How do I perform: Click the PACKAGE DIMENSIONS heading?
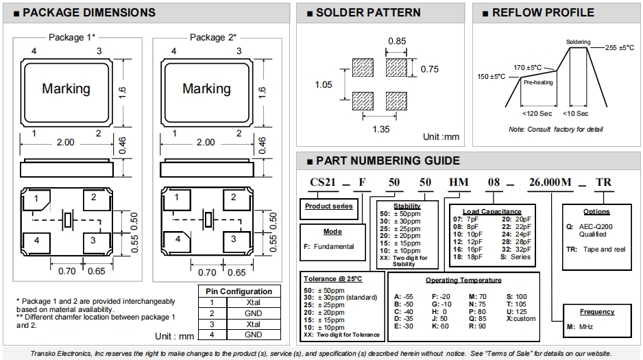tap(89, 13)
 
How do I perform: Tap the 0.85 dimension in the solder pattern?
tap(397, 41)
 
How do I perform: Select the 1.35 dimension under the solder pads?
tap(381, 129)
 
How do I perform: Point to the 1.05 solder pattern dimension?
tap(323, 85)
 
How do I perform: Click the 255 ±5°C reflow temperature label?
tap(620, 47)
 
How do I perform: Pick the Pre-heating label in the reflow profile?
tap(538, 82)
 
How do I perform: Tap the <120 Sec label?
tap(537, 114)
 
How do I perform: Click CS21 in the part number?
tap(323, 182)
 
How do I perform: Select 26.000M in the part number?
tap(550, 182)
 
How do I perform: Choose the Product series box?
tap(329, 209)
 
